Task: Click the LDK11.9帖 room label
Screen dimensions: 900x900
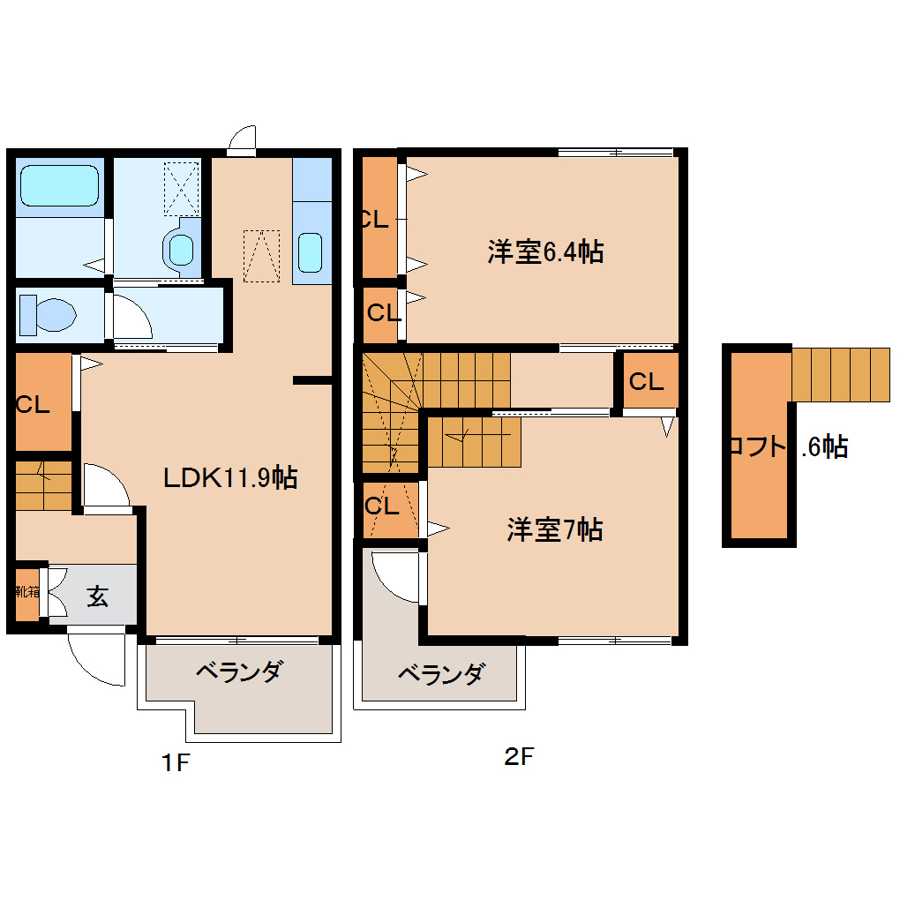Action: (230, 477)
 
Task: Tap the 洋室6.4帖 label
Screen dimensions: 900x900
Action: (544, 252)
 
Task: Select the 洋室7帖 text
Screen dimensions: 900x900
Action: (553, 529)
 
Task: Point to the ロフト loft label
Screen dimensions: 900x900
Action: (757, 446)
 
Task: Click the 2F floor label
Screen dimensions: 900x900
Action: (518, 756)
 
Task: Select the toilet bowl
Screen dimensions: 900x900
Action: (49, 314)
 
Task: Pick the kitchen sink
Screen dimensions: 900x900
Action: (311, 253)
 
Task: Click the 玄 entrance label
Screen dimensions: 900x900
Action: (97, 596)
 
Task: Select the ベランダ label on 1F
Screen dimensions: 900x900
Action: (237, 671)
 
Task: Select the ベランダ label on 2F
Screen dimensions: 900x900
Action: (440, 675)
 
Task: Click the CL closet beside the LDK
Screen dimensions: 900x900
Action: (41, 403)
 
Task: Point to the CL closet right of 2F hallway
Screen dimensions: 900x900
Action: (646, 381)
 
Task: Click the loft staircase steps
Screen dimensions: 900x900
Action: (841, 374)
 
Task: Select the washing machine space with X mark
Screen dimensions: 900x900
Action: (183, 188)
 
